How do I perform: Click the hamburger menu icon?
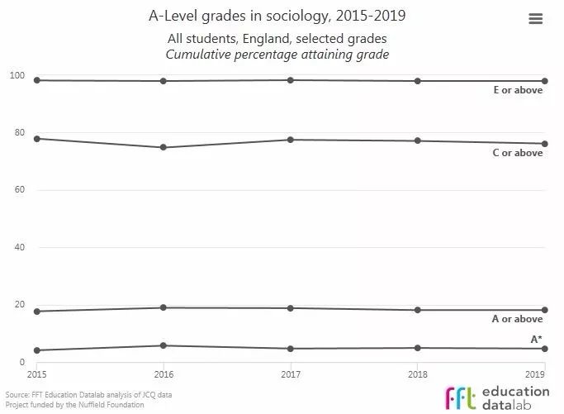pyautogui.click(x=535, y=19)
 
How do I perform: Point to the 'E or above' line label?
pyautogui.click(x=518, y=90)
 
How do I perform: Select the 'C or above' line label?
pyautogui.click(x=518, y=153)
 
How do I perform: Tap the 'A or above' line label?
pyautogui.click(x=518, y=319)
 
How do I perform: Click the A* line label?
pyautogui.click(x=536, y=339)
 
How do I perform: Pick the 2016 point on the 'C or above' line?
pyautogui.click(x=164, y=147)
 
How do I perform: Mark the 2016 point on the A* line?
pyautogui.click(x=164, y=345)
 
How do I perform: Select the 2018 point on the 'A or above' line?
pyautogui.click(x=418, y=310)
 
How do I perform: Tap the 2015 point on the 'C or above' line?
pyautogui.click(x=36, y=139)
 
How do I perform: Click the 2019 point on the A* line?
pyautogui.click(x=545, y=349)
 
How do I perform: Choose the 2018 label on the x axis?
pyautogui.click(x=418, y=374)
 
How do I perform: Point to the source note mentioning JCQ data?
pyautogui.click(x=88, y=395)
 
